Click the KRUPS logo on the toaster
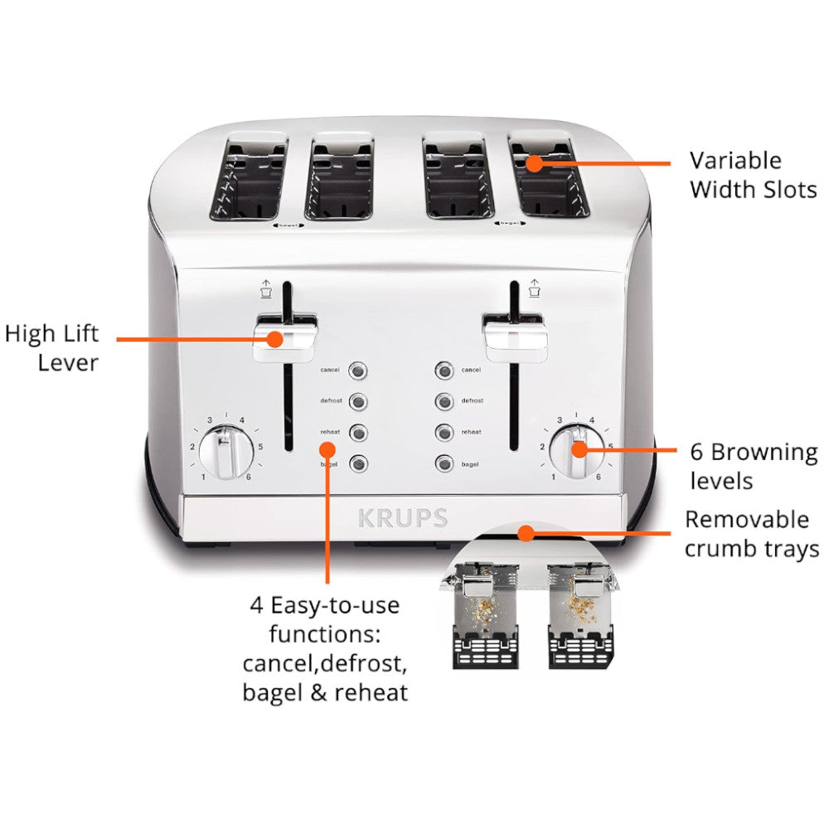click(403, 519)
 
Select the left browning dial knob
click(223, 452)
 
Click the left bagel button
click(358, 464)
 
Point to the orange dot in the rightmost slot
click(534, 163)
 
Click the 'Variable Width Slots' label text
click(753, 174)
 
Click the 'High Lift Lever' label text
click(52, 347)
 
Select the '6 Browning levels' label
click(753, 466)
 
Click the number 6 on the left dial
click(248, 477)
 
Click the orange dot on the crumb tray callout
click(524, 533)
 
